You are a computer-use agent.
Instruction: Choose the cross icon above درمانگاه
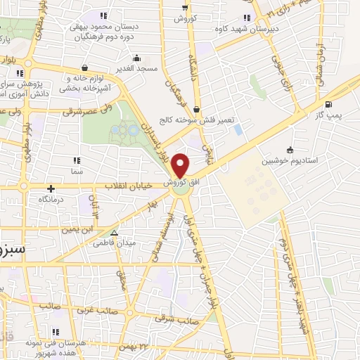tap(51, 188)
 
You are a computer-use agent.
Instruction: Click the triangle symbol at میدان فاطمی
tap(115, 233)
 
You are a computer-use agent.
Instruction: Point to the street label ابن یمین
tap(77, 229)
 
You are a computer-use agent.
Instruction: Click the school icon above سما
tap(75, 161)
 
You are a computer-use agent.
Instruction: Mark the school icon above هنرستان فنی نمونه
tap(54, 331)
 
